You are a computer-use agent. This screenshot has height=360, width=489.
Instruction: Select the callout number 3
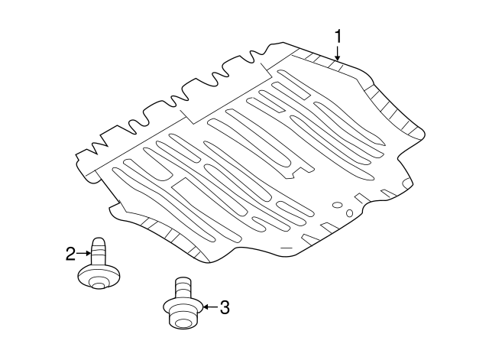(224, 307)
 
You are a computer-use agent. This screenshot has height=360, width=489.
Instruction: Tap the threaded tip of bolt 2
(99, 246)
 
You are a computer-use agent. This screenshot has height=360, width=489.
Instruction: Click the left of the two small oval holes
(336, 205)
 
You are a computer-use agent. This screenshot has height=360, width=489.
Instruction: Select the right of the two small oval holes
(348, 212)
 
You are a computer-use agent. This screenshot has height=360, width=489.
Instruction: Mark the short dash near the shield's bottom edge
(285, 248)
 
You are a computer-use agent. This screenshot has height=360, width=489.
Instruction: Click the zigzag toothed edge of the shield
(183, 96)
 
